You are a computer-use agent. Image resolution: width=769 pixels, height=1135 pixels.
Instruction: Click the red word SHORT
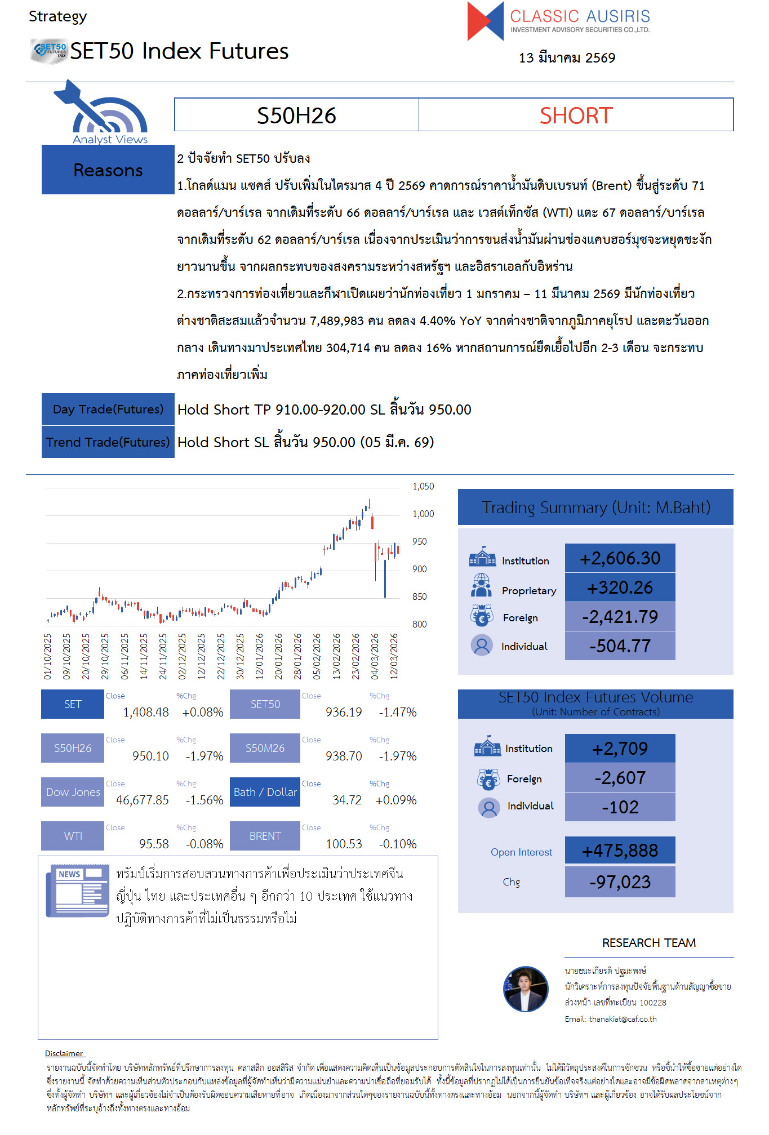point(576,115)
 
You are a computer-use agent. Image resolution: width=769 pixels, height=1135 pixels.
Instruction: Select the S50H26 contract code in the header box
point(296,115)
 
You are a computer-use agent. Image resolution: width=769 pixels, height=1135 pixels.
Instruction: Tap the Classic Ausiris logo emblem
point(485,21)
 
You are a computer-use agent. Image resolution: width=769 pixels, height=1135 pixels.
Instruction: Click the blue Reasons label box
point(108,170)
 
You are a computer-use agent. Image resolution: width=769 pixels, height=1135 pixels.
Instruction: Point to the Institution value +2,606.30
point(620,558)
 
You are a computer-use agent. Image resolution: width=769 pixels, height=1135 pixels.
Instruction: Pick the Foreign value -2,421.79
point(620,617)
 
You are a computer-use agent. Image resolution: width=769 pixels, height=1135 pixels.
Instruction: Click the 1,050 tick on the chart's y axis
point(423,486)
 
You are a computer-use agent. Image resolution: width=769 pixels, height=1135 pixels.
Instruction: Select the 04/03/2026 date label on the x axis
point(375,656)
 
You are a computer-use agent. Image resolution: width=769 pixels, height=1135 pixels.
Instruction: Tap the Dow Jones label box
point(73,792)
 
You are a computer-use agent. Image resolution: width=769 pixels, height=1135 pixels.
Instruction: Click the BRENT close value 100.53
point(344,844)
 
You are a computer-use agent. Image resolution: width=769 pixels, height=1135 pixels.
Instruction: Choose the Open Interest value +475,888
point(620,851)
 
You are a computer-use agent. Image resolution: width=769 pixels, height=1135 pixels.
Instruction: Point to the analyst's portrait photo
point(526,989)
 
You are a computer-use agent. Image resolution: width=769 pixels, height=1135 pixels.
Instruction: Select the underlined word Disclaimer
point(64,1053)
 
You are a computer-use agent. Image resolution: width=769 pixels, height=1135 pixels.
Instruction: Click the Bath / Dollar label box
point(265,792)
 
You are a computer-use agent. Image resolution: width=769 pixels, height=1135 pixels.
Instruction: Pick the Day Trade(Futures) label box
point(108,410)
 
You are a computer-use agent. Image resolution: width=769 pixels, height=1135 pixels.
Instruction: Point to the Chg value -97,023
point(620,882)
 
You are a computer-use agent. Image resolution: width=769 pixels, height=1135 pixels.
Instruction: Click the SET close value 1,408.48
point(146,712)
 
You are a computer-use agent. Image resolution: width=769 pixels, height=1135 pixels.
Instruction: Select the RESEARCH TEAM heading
point(648,943)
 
